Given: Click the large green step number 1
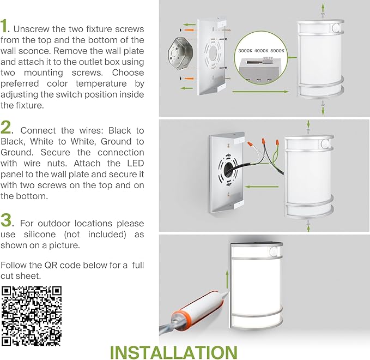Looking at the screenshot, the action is tap(4, 26).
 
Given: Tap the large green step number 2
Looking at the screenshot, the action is tap(5, 127).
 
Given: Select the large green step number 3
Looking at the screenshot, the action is tap(6, 220).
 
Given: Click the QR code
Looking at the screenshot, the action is tap(32, 316).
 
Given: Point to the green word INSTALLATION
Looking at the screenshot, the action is tap(174, 352).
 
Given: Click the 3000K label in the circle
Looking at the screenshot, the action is tap(245, 51).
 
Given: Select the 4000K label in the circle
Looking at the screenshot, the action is tap(262, 51).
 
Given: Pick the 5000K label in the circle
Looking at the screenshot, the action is tap(277, 51).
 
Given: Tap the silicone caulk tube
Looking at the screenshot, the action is tap(193, 312).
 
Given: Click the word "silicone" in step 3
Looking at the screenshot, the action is tap(40, 235).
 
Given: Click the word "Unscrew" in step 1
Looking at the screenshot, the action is tap(31, 29).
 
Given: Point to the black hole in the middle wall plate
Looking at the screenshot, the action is tap(228, 169).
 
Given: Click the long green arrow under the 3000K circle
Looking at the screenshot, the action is tap(260, 92).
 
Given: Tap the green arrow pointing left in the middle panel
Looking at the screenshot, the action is tap(262, 187).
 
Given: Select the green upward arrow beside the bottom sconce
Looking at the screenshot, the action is tap(227, 279).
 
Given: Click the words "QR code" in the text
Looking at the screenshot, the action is tap(60, 265).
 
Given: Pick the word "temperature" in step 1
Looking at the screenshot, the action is tap(101, 83).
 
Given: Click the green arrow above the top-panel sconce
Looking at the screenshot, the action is tap(323, 9).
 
